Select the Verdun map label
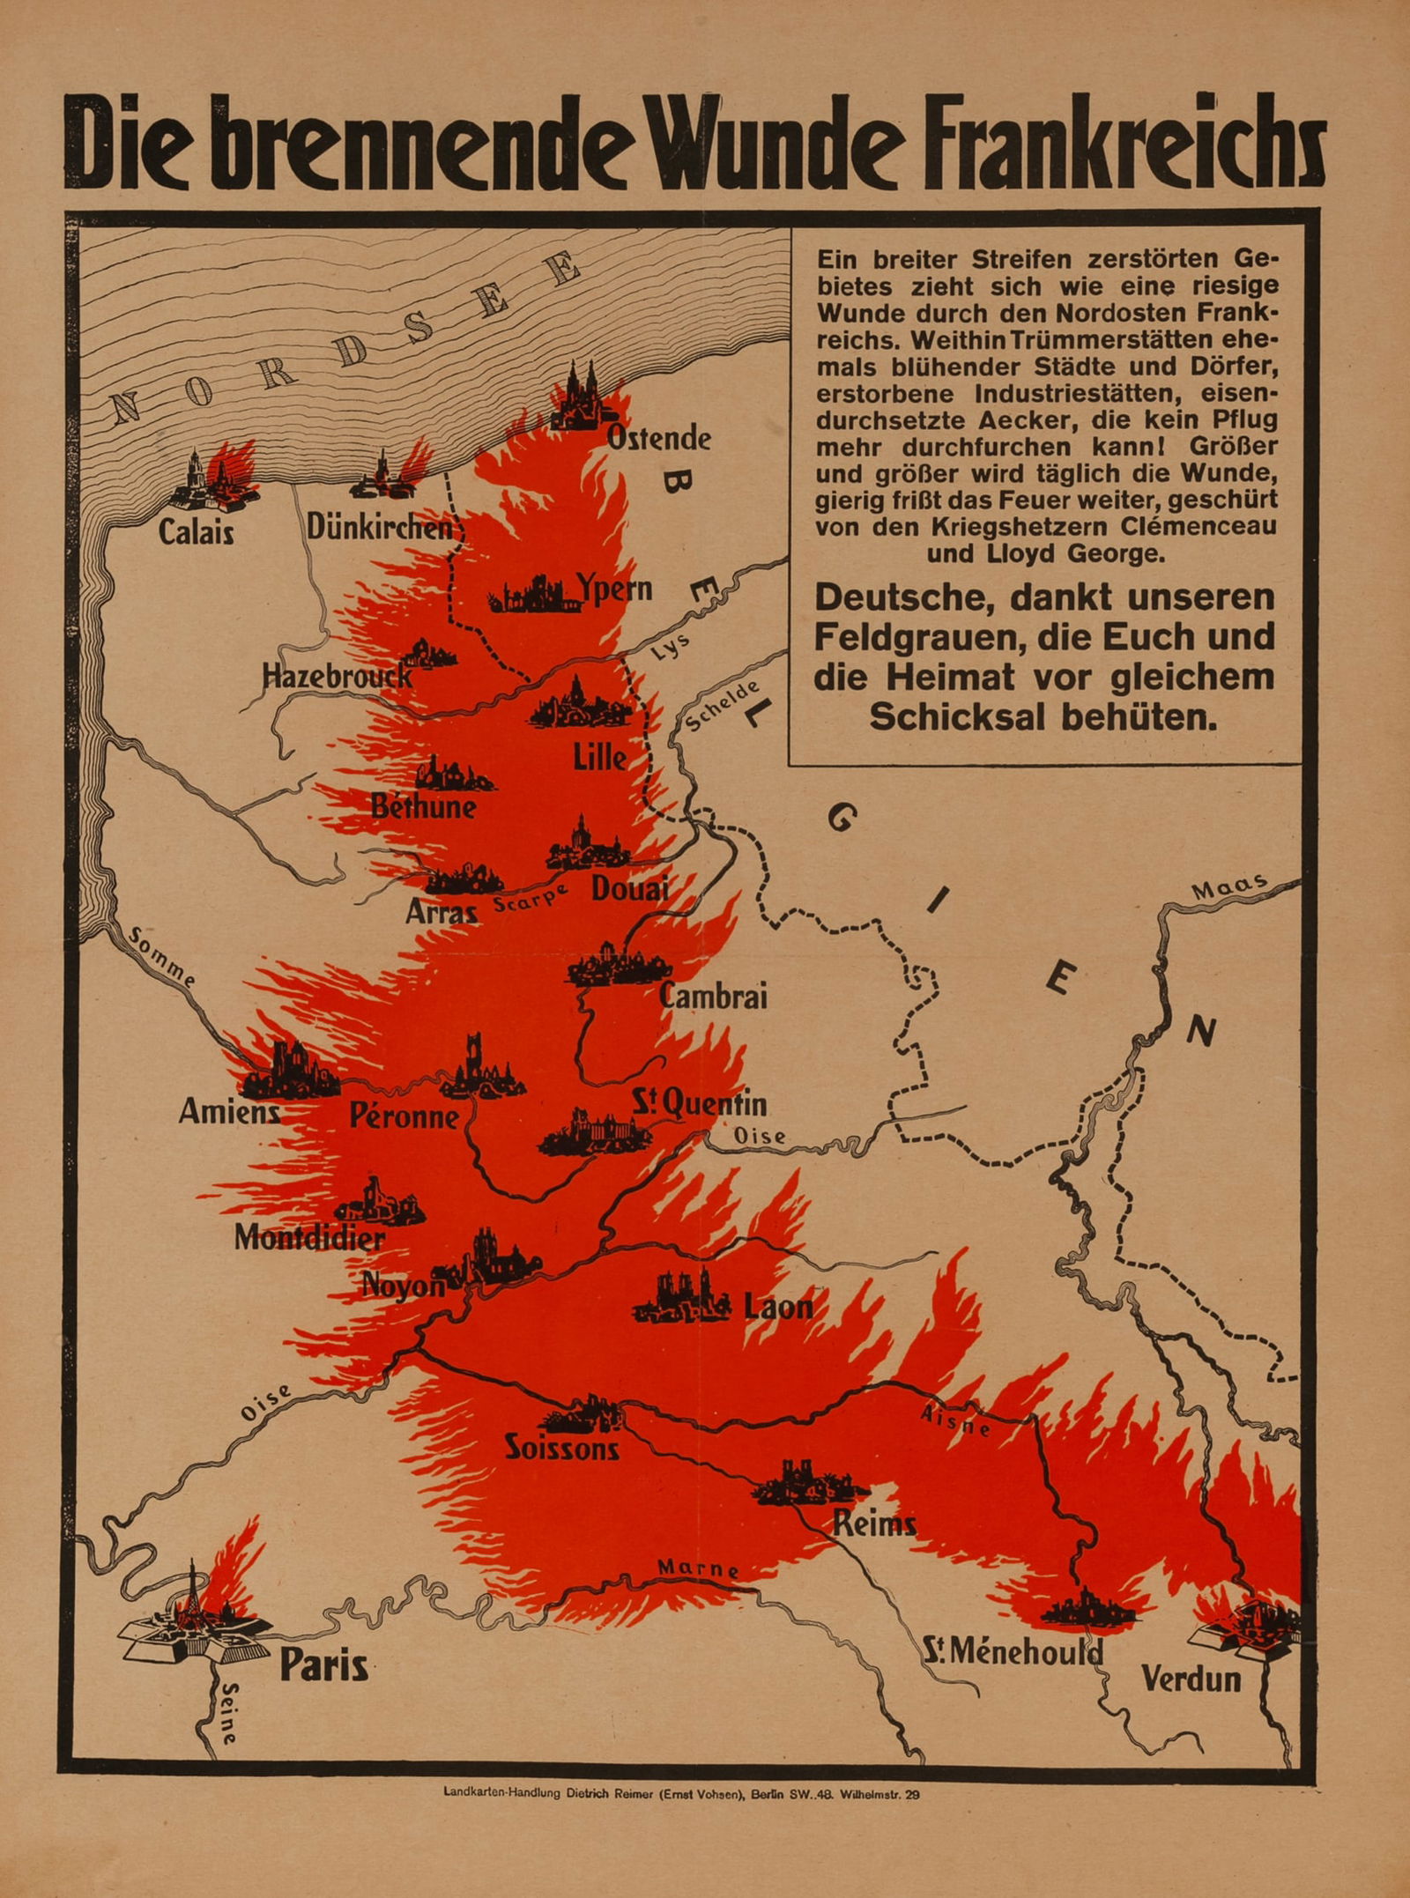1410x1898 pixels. (1191, 1679)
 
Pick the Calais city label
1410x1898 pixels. (196, 531)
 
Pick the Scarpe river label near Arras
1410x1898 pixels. (529, 899)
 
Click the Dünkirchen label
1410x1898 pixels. (379, 527)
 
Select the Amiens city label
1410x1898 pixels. (229, 1111)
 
